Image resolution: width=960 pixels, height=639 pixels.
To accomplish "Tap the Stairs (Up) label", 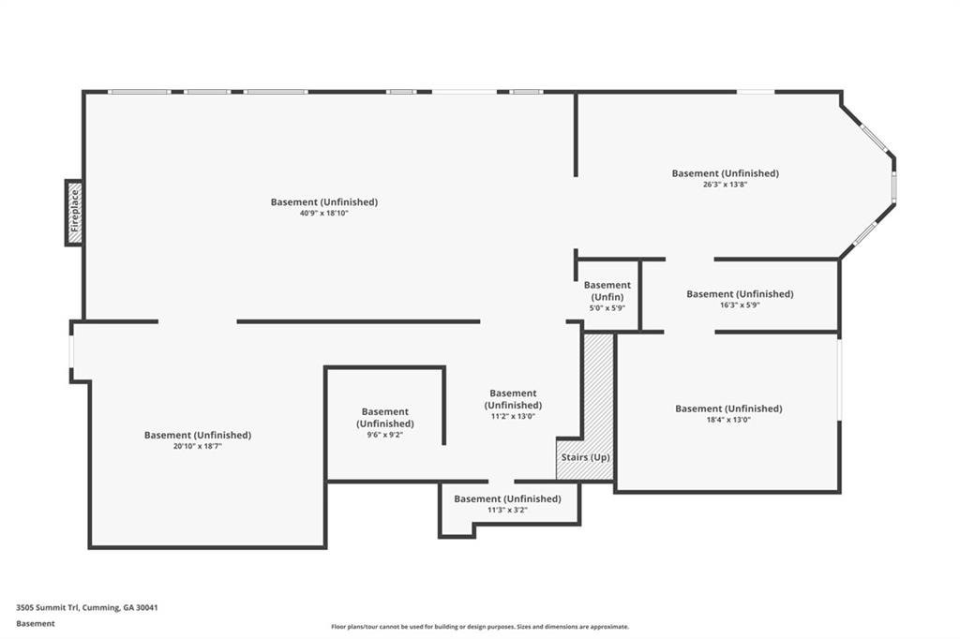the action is click(585, 457).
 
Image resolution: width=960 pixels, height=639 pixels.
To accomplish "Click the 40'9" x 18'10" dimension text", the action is click(323, 213).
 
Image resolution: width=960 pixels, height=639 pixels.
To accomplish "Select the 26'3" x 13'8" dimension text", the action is click(725, 185).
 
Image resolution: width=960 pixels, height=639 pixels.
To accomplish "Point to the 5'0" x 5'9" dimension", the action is click(607, 308).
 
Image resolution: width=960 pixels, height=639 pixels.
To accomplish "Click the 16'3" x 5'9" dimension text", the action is click(740, 305).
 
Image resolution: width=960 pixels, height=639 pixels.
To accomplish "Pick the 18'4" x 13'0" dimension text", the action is click(727, 419).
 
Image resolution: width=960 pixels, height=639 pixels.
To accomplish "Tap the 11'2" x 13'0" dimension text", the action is click(513, 416).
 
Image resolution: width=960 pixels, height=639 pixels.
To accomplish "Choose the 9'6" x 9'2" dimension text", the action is click(384, 435).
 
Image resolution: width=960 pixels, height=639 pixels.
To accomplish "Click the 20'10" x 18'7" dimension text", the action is click(197, 446).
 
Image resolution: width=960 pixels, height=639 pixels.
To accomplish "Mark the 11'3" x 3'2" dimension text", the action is click(507, 510).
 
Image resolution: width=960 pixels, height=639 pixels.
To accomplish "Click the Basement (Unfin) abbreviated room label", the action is click(607, 290).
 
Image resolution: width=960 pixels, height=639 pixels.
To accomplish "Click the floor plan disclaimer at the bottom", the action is click(480, 627).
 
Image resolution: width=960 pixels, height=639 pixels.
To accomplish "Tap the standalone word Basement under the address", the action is click(36, 624).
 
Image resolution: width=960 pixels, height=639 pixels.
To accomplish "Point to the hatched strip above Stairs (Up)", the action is click(598, 392).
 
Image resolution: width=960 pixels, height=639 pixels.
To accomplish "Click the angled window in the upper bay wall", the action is click(874, 137).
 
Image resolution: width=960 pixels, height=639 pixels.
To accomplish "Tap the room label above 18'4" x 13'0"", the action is click(728, 409).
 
